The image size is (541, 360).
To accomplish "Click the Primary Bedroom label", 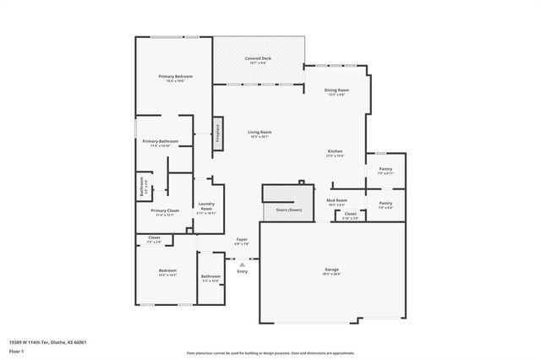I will pos(176,76).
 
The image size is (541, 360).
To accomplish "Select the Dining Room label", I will pos(337,90).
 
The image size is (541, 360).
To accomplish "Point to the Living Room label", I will pos(260,132).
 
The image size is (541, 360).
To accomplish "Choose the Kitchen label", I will pos(336,151).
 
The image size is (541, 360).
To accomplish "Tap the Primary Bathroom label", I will pos(156,141).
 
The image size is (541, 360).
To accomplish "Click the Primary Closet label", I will pos(165,210).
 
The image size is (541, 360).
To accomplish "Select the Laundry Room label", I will pos(206,205).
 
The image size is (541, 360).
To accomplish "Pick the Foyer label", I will pos(242,240).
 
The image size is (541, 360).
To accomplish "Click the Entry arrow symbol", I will pos(242,265).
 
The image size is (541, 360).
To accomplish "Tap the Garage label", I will pos(331,270).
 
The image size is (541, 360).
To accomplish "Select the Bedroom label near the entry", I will pos(167,270).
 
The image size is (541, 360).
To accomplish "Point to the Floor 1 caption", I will pos(16,349).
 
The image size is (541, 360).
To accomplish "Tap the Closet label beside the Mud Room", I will pos(350,214).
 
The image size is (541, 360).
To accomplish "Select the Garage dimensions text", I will pos(331,275).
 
